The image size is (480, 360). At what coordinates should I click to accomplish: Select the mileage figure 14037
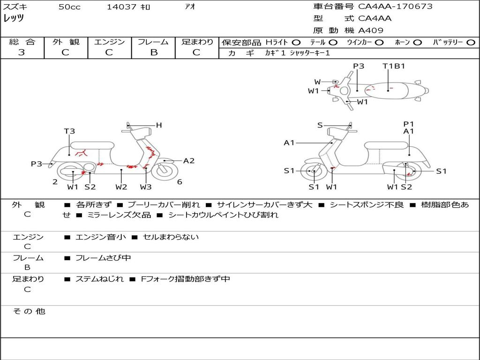coord(121,7)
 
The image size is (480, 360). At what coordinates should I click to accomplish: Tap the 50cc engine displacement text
coord(69,7)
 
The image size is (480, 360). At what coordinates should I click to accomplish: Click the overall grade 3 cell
coord(22,52)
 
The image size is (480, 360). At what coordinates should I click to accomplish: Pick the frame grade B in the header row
coord(153,52)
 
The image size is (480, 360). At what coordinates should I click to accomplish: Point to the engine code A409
coord(371,30)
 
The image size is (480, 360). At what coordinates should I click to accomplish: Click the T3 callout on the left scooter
coord(69,131)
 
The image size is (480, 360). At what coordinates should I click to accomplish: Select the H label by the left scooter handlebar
coord(159,125)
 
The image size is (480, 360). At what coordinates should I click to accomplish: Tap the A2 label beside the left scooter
coord(189,161)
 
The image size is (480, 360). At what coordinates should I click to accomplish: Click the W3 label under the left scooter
coord(146,187)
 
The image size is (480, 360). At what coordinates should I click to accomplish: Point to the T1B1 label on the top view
coord(394,66)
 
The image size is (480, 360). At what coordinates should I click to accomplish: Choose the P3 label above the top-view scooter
coord(359,66)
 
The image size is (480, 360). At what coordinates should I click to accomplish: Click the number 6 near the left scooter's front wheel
coord(180,182)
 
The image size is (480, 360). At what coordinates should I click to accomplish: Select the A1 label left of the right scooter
coord(289,142)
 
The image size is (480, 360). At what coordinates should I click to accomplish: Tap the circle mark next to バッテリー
coord(471,43)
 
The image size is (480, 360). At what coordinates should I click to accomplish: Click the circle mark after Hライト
coord(296,43)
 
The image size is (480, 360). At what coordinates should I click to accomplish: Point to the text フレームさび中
coord(103,258)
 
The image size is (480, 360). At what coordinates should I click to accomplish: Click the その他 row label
coord(29,311)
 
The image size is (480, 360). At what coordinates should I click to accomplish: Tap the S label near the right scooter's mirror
coord(320,125)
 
